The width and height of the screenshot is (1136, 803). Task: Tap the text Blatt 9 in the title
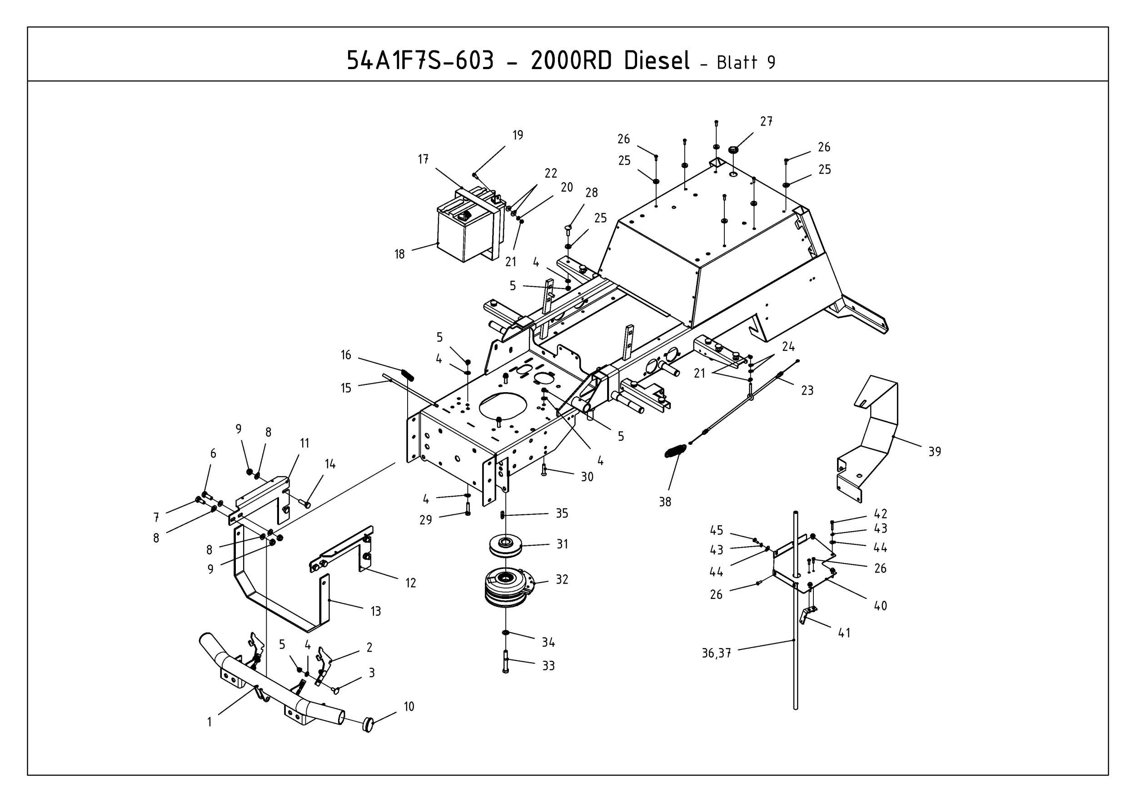point(746,63)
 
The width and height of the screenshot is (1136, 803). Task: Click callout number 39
point(934,452)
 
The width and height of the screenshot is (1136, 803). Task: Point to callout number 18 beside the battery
point(399,254)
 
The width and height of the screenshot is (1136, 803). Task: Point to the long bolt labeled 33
point(505,662)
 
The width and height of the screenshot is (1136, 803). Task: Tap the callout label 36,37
point(716,653)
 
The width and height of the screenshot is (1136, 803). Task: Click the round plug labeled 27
point(733,150)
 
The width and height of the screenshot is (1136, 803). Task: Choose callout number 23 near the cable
point(807,391)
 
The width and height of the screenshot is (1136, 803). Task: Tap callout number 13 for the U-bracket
point(375,612)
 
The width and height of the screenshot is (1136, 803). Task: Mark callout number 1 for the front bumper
point(209,722)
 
